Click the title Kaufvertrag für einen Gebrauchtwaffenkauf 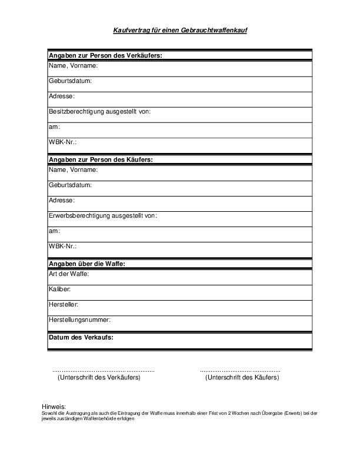[x=180, y=29]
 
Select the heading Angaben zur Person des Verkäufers [x=105, y=55]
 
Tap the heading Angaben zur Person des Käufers [x=101, y=159]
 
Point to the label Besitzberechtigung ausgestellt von [x=101, y=111]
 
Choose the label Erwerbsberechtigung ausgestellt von [x=102, y=215]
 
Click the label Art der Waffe [x=68, y=274]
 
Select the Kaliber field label [x=60, y=289]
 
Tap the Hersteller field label [x=64, y=305]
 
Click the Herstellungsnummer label [x=79, y=320]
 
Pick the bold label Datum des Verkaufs [x=81, y=338]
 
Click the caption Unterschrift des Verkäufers [x=99, y=378]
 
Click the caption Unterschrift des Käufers [x=242, y=378]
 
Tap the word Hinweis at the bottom [x=54, y=407]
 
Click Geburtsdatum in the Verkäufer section [x=70, y=81]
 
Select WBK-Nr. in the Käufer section [x=62, y=246]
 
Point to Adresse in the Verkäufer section [x=61, y=96]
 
